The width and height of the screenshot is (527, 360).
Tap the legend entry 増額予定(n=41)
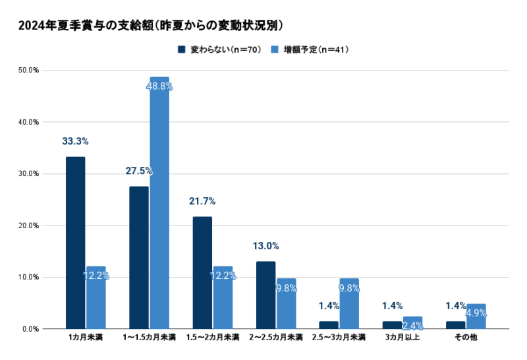tap(310, 49)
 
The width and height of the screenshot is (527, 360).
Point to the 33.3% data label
tap(75, 141)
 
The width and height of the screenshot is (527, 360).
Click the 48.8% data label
tap(160, 86)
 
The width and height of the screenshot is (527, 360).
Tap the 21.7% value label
tap(202, 201)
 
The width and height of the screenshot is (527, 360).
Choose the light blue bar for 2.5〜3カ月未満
tap(349, 303)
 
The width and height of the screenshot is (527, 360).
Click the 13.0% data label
tap(265, 246)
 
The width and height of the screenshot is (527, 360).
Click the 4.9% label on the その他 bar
tap(476, 313)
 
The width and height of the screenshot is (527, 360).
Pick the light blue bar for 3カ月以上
tap(412, 322)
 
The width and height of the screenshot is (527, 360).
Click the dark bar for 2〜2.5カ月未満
tap(265, 295)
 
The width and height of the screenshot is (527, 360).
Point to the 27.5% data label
tap(139, 171)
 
